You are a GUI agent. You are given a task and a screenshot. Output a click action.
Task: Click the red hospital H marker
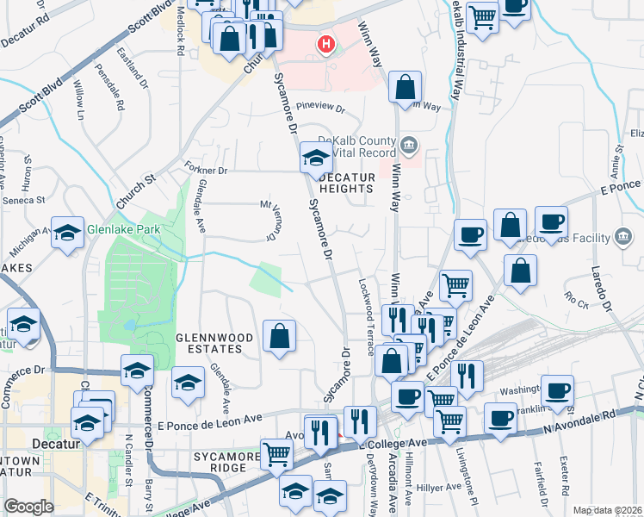(x=326, y=44)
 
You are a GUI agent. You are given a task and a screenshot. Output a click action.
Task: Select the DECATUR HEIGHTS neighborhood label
(x=348, y=182)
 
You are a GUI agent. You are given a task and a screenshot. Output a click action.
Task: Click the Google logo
(x=28, y=507)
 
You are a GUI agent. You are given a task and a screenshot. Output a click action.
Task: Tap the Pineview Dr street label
(x=319, y=109)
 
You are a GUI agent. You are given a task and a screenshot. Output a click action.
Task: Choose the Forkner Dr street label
(x=205, y=171)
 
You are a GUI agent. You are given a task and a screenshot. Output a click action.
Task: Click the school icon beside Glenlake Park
(x=68, y=233)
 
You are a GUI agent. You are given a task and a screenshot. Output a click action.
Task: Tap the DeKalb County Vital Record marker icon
(x=410, y=144)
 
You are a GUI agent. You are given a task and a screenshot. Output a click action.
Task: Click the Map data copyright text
(x=608, y=510)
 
